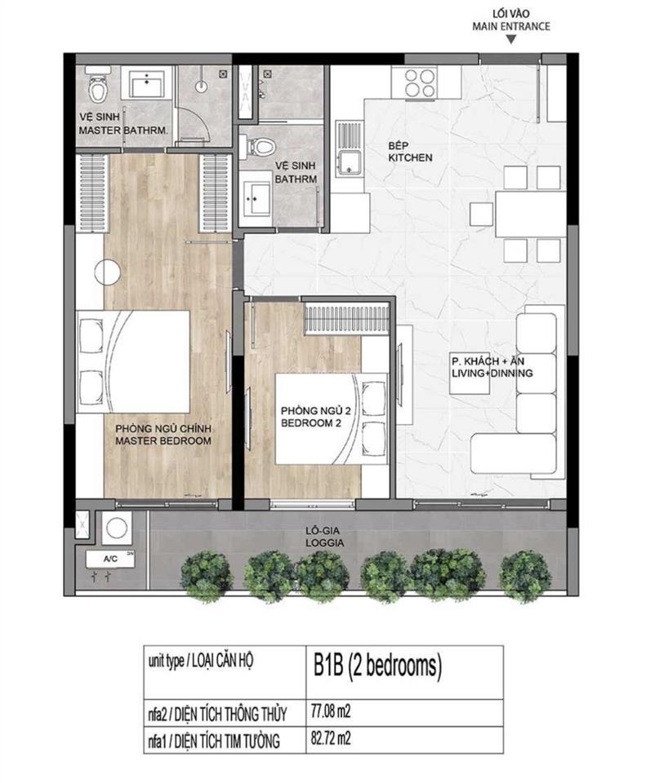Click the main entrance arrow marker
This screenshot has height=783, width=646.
pos(510,38)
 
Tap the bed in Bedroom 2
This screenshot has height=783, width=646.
pos(319,419)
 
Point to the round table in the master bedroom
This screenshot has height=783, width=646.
pos(107,270)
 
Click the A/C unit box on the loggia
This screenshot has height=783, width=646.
pos(109,560)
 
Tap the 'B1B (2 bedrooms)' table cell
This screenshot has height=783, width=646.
pos(376,666)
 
